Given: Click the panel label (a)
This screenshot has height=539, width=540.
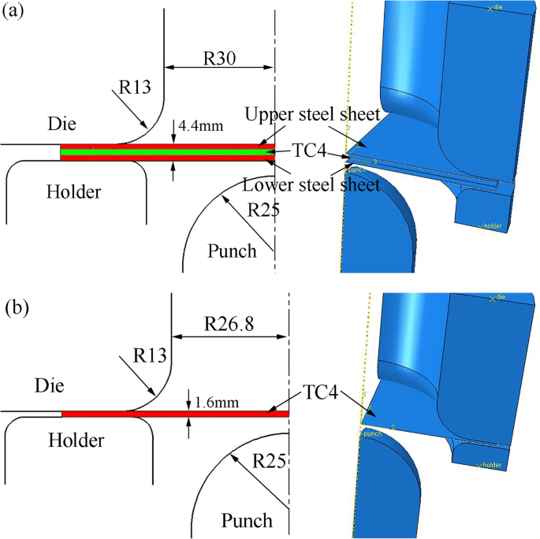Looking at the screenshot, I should click(x=17, y=13).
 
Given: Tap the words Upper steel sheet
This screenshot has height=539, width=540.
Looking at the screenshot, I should click(x=312, y=115).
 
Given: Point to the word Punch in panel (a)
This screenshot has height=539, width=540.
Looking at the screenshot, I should click(x=232, y=251).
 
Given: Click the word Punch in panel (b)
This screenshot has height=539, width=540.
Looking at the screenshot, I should click(x=247, y=520).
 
